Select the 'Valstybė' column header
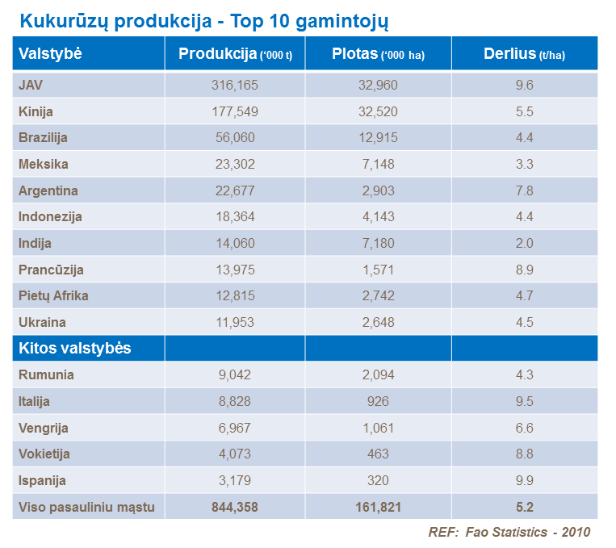[x=51, y=54]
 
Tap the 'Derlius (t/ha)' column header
[x=524, y=54]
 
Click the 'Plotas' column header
[x=378, y=54]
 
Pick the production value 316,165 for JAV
[x=235, y=85]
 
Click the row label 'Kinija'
[x=36, y=111]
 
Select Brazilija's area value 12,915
[x=378, y=138]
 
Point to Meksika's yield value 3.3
[x=524, y=164]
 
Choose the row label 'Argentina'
[x=48, y=190]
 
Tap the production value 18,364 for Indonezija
[x=235, y=216]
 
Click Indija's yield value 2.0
[x=524, y=243]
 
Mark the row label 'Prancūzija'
[x=51, y=270]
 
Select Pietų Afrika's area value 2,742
[x=378, y=295]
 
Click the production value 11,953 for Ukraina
[x=235, y=322]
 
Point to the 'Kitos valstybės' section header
[x=75, y=349]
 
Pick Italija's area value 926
[x=378, y=401]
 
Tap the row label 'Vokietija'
[x=44, y=454]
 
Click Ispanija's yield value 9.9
[x=524, y=480]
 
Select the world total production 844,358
[x=235, y=507]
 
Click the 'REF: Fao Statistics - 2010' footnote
[x=509, y=532]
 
